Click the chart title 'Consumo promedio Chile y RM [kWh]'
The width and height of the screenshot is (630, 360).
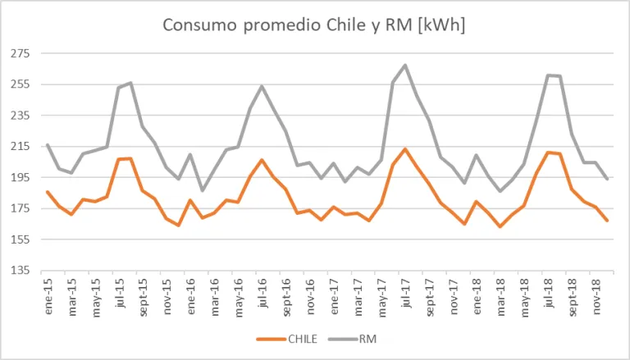pyautogui.click(x=314, y=25)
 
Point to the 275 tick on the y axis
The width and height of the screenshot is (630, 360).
pyautogui.click(x=20, y=54)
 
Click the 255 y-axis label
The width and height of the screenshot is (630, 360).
pyautogui.click(x=20, y=84)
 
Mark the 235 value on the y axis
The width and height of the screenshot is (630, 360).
pyautogui.click(x=20, y=116)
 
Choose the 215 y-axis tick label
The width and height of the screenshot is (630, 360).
pyautogui.click(x=20, y=147)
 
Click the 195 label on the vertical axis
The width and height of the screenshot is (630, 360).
pyautogui.click(x=20, y=178)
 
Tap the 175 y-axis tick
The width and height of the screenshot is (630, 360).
pyautogui.click(x=20, y=209)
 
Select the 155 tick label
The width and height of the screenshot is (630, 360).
pyautogui.click(x=20, y=240)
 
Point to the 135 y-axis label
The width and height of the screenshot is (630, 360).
pyautogui.click(x=20, y=271)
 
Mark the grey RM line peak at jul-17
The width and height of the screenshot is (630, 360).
pyautogui.click(x=405, y=65)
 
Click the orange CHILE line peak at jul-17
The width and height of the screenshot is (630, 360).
pyautogui.click(x=405, y=149)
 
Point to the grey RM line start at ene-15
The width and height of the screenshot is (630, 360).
pyautogui.click(x=48, y=144)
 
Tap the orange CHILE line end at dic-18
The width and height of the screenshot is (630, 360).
pyautogui.click(x=608, y=221)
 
